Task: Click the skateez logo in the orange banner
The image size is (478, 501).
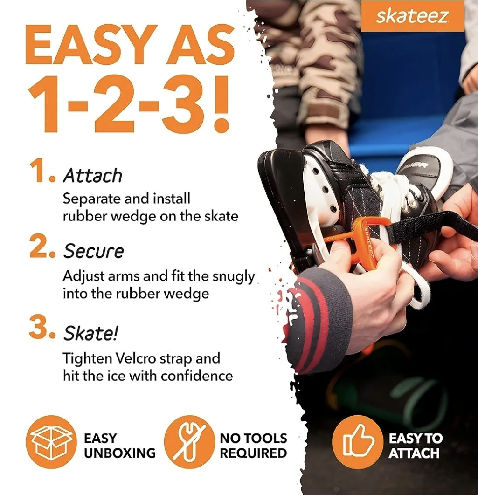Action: click(x=412, y=16)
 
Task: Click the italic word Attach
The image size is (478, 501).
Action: click(x=93, y=175)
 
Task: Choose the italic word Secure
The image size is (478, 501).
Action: click(x=94, y=251)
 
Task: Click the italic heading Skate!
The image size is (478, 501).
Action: click(x=91, y=333)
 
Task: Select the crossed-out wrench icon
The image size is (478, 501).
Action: click(x=189, y=442)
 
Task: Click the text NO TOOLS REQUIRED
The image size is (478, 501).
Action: click(x=253, y=446)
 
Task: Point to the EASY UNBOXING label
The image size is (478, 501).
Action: click(x=119, y=446)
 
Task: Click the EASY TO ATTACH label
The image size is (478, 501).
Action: click(x=416, y=446)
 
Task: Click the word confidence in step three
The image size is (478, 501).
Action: click(x=196, y=376)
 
